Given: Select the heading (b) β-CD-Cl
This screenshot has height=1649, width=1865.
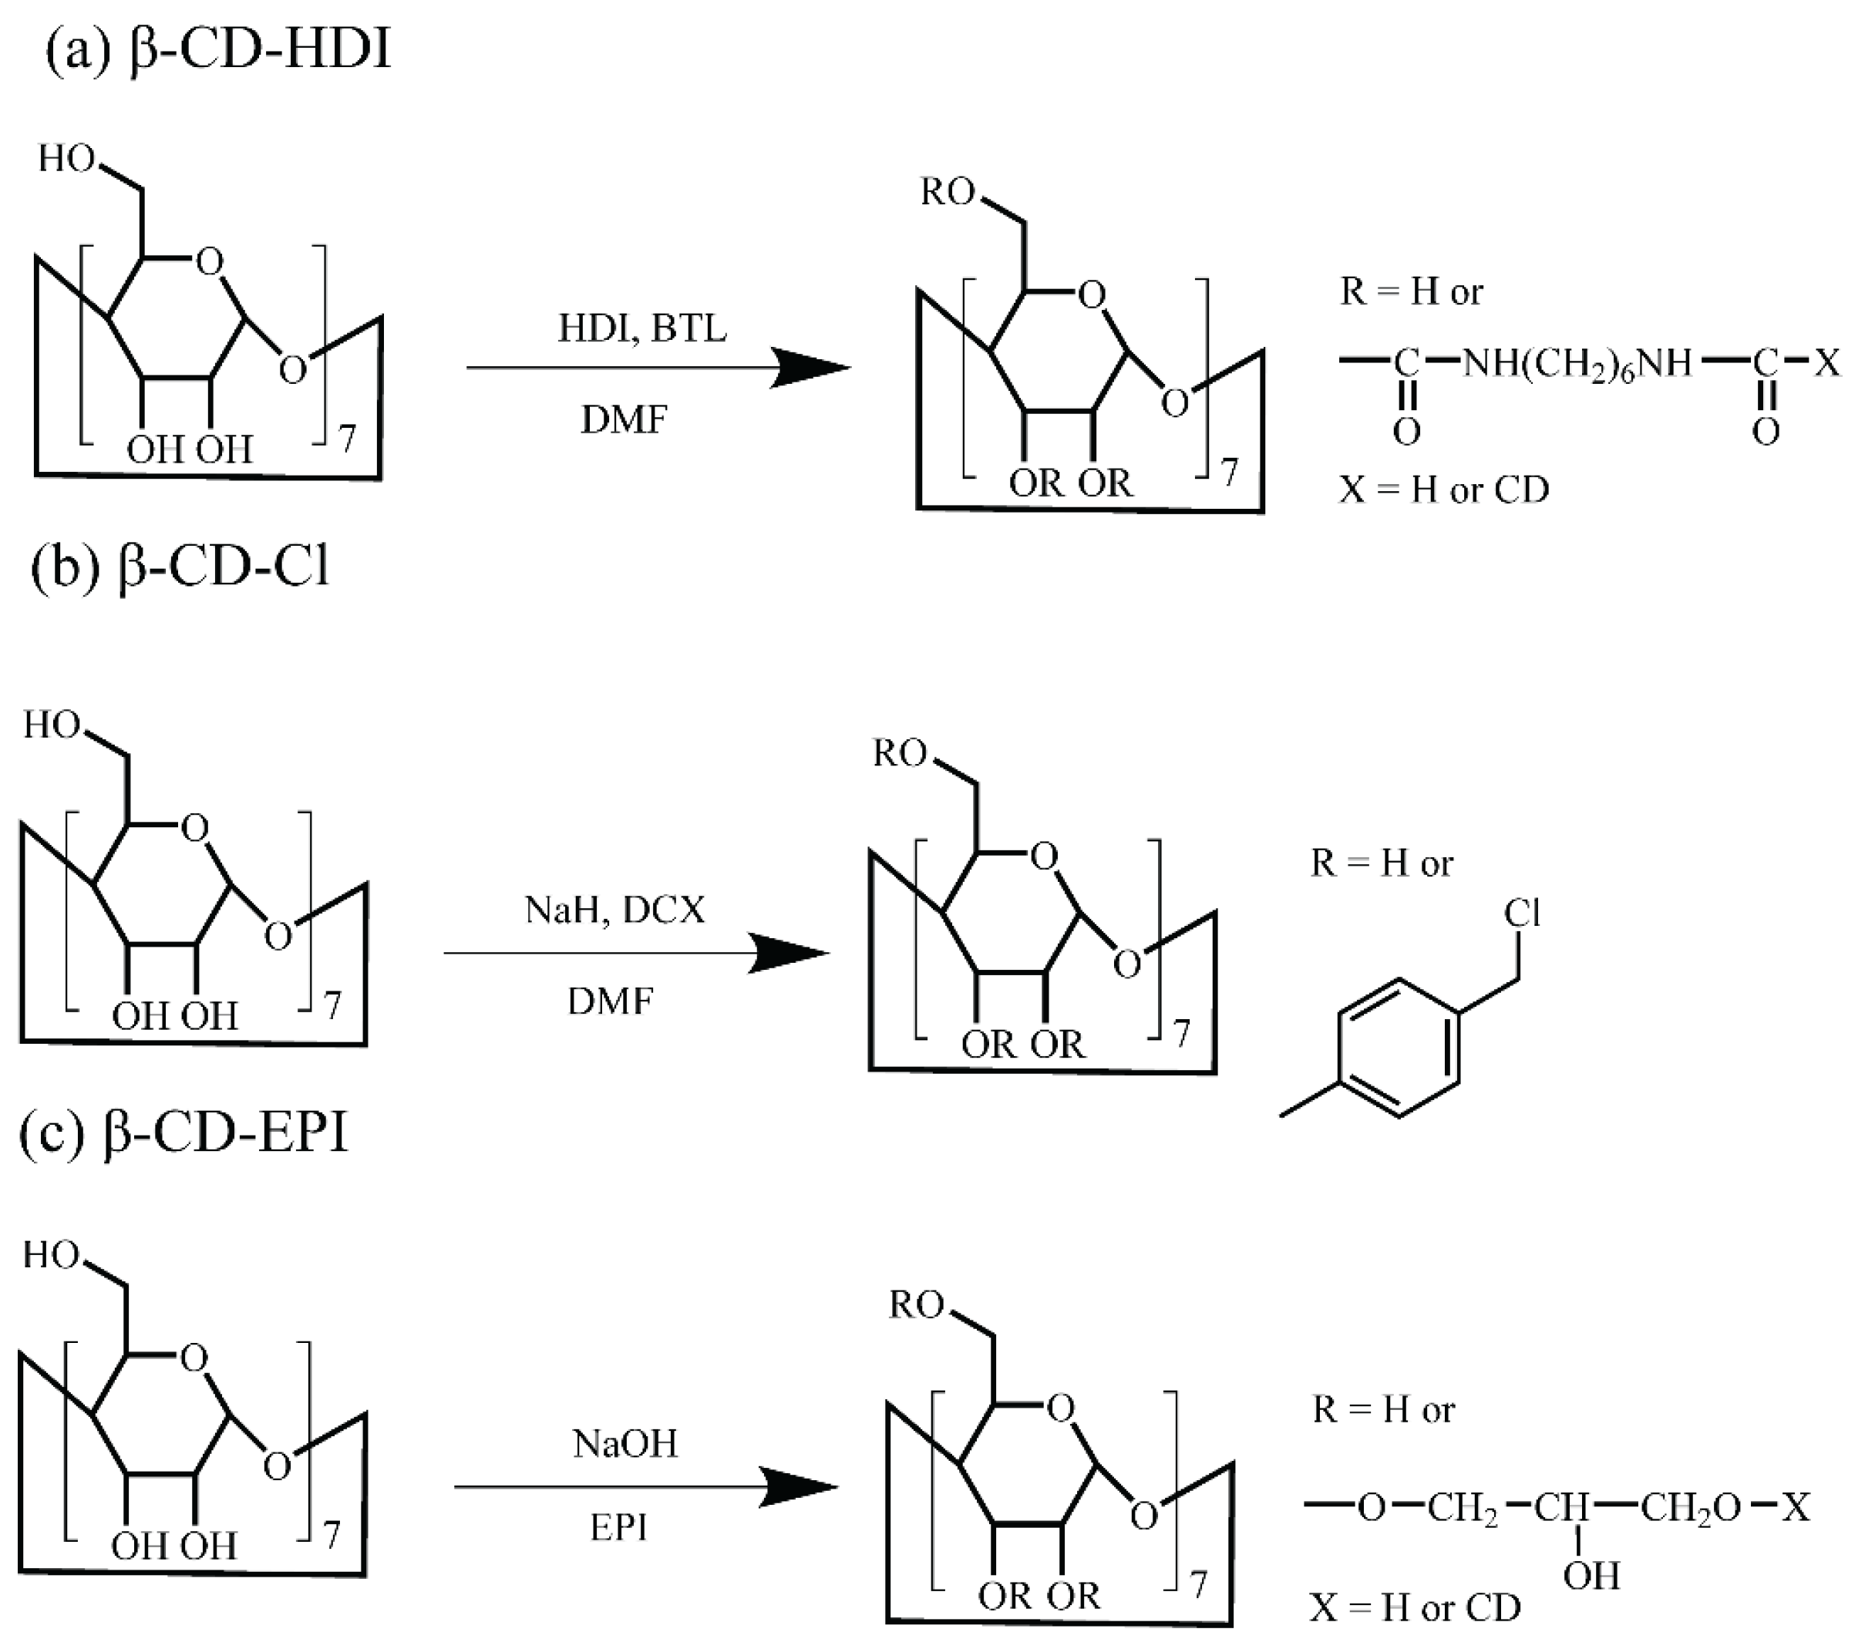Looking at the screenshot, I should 180,567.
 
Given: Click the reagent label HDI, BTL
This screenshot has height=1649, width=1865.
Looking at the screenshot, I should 642,328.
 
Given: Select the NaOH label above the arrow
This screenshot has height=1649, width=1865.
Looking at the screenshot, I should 625,1445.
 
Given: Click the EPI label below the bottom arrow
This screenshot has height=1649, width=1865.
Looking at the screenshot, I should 618,1526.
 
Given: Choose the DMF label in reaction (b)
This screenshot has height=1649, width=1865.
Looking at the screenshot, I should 611,1001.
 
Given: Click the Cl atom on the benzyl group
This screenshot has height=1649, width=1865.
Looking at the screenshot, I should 1522,912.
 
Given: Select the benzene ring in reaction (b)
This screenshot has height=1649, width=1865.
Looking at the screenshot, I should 1398,1047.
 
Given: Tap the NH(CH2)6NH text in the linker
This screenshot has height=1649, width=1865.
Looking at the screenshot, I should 1577,363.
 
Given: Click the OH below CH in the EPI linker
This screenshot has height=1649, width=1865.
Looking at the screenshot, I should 1591,1575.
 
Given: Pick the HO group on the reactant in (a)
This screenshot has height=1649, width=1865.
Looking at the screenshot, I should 66,159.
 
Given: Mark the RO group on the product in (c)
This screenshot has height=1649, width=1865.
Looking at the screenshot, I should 916,1305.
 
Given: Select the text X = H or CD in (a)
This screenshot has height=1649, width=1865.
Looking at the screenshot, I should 1443,490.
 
